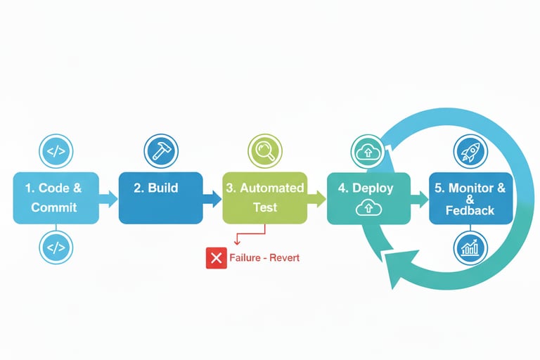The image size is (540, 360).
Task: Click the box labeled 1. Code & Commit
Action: (x=55, y=198)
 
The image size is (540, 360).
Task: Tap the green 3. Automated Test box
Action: (x=264, y=198)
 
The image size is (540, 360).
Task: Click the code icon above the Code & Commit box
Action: (x=56, y=150)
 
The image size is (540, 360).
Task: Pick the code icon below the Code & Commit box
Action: (x=56, y=247)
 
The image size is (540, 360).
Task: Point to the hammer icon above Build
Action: (x=161, y=150)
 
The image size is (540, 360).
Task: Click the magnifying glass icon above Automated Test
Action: (x=265, y=150)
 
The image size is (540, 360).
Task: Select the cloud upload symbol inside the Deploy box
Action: (x=368, y=207)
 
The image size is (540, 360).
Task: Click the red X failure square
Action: (x=215, y=258)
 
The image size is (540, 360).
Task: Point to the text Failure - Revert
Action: (x=264, y=258)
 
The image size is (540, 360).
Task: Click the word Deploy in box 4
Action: (x=374, y=188)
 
